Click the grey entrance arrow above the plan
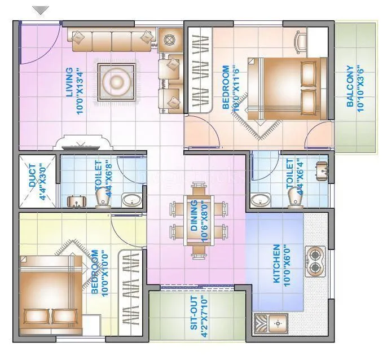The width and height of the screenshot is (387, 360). (41, 10)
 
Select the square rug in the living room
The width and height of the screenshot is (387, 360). (117, 83)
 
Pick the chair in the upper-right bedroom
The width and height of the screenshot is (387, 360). (301, 41)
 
